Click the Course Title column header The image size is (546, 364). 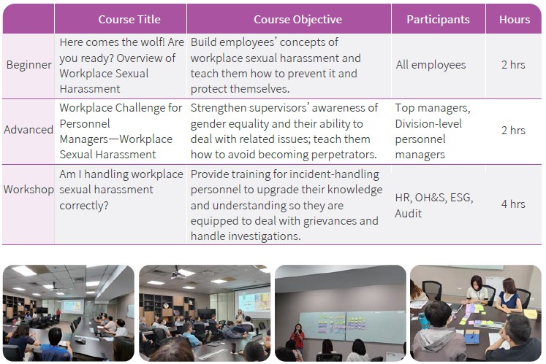(129, 20)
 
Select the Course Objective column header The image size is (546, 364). (297, 20)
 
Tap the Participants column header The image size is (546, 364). (438, 20)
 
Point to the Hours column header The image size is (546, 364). (515, 20)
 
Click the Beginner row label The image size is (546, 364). (29, 65)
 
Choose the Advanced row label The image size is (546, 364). (29, 130)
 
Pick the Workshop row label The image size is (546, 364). (29, 190)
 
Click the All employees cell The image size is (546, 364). (431, 65)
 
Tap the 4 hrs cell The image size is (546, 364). (513, 204)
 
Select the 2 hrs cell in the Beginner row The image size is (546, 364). (513, 65)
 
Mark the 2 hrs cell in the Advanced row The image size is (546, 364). (513, 131)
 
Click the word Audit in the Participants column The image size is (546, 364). (408, 213)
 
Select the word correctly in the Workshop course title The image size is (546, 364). (84, 206)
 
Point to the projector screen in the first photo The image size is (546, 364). (72, 306)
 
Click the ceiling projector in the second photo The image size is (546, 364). (178, 274)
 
